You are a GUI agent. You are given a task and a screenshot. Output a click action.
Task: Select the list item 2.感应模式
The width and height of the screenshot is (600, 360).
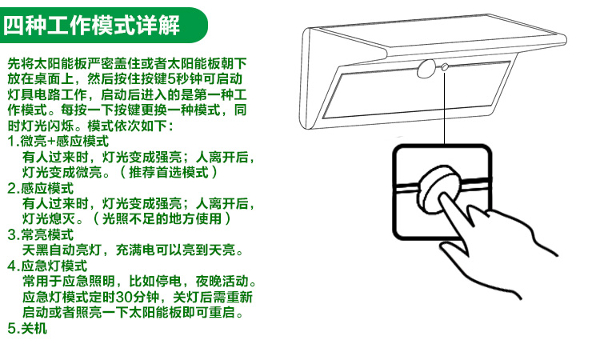click(40, 188)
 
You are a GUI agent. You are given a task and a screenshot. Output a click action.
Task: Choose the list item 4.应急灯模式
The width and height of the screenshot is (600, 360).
click(46, 266)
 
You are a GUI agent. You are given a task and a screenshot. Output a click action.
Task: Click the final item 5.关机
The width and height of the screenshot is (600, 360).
click(27, 327)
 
